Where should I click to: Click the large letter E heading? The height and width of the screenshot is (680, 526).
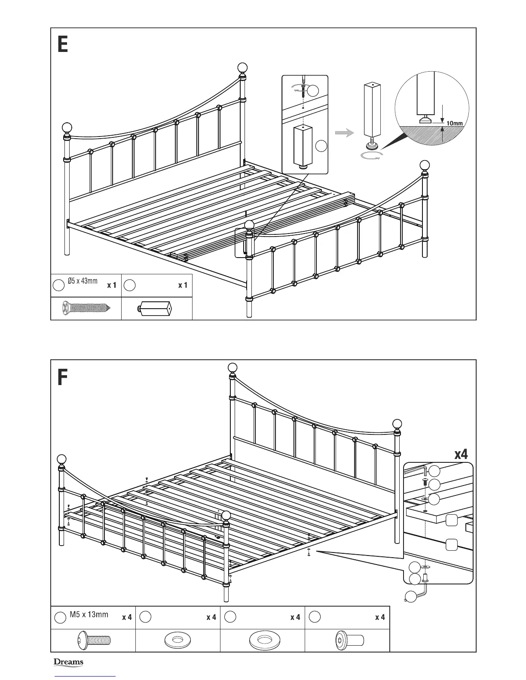pyautogui.click(x=63, y=44)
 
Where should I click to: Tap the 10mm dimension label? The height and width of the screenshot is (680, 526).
pyautogui.click(x=455, y=123)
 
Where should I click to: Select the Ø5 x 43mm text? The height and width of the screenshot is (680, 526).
pyautogui.click(x=83, y=281)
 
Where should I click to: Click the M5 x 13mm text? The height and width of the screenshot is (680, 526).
pyautogui.click(x=89, y=614)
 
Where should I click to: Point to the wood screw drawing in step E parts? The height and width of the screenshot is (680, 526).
pyautogui.click(x=86, y=308)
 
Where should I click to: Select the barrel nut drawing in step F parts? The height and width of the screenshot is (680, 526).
pyautogui.click(x=349, y=641)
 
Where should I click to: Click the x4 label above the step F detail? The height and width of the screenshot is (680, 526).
pyautogui.click(x=461, y=454)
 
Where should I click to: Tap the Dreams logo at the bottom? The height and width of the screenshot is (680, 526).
pyautogui.click(x=68, y=662)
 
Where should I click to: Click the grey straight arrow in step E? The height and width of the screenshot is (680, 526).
pyautogui.click(x=344, y=134)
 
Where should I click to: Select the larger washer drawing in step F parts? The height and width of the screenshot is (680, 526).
pyautogui.click(x=263, y=641)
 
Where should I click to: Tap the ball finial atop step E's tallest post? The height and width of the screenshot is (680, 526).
pyautogui.click(x=243, y=68)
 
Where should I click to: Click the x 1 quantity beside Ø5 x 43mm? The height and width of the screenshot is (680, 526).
pyautogui.click(x=112, y=285)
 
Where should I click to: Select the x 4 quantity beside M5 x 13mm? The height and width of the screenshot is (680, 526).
pyautogui.click(x=127, y=617)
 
